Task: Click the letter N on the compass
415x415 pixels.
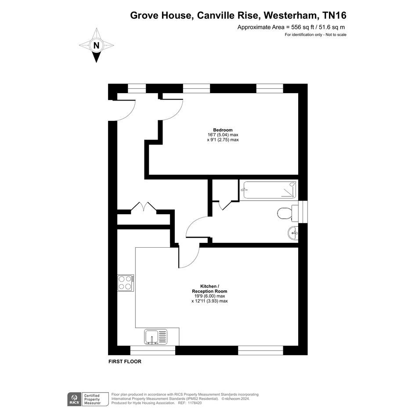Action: pos(96,46)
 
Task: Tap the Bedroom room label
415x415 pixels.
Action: pos(223,130)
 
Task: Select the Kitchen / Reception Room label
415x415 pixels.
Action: pos(209,289)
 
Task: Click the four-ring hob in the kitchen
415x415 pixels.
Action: pos(126,283)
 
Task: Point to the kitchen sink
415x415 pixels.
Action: pos(156,337)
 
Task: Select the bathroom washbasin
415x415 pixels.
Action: pos(293,234)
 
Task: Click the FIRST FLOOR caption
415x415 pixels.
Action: pos(125,361)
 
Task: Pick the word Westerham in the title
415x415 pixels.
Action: pos(290,15)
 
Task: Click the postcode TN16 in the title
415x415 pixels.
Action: pos(334,15)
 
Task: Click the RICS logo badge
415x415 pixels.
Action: pos(74,399)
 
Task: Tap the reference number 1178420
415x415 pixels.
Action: pos(195,403)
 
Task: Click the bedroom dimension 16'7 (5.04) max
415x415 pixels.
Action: pos(223,135)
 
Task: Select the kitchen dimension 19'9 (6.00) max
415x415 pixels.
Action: pos(209,296)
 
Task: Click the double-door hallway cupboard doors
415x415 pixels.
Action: pos(144,206)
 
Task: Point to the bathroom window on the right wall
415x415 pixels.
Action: pos(303,212)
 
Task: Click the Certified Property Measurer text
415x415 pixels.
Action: pos(92,399)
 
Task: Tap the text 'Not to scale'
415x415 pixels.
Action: pos(336,35)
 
